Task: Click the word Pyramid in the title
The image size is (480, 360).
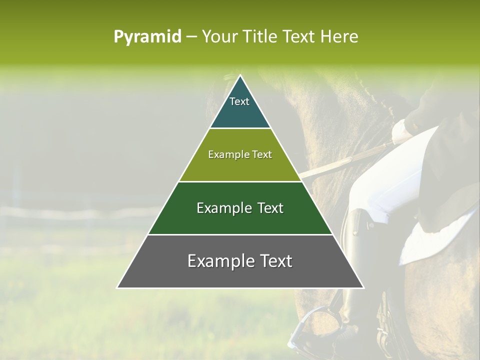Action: pos(147,37)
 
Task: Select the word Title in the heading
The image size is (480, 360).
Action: pos(260,37)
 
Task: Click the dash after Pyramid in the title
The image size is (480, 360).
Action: pos(191,37)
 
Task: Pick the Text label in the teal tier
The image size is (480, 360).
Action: pos(239,101)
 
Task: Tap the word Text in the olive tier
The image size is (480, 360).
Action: pos(262,154)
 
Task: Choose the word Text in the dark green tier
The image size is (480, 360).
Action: pos(270,208)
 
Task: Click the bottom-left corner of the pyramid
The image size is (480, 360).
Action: pos(118,287)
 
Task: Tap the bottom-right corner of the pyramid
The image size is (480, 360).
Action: pos(363,287)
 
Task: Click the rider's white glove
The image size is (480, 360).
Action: pos(402,131)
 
